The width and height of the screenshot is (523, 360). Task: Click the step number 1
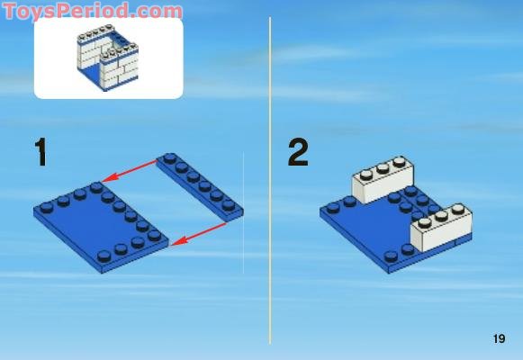tap(40, 152)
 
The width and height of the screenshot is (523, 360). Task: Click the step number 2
tap(298, 152)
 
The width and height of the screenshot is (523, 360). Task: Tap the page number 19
tap(500, 339)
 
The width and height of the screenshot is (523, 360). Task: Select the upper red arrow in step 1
tap(132, 170)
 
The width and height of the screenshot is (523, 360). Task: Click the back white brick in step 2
tap(379, 179)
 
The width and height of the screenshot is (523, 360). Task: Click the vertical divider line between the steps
tap(270, 180)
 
